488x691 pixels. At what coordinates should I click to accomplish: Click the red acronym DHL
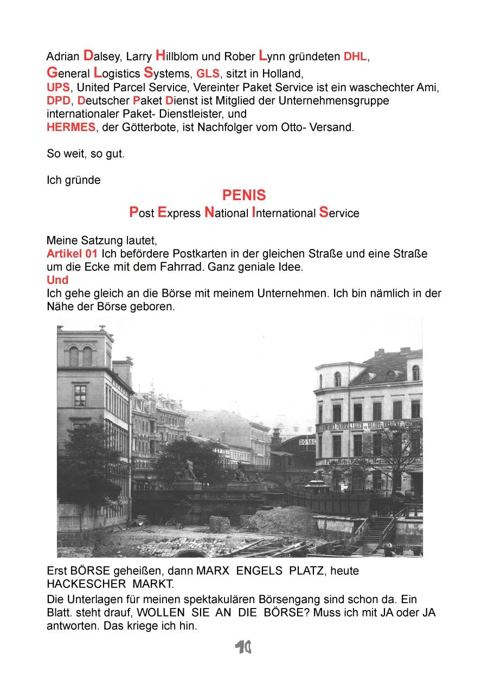coord(355,57)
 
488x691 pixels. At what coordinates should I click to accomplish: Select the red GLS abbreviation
coord(208,74)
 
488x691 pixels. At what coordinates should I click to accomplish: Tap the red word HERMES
coord(70,129)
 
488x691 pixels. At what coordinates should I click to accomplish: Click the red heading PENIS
coord(244,195)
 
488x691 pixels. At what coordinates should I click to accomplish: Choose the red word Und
coord(57,280)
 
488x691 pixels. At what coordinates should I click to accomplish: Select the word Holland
coord(281,74)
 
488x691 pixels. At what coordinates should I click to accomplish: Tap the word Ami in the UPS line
coord(428,87)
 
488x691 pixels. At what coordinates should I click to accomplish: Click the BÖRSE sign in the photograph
coord(307,442)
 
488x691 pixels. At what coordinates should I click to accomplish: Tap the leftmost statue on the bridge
coord(187,471)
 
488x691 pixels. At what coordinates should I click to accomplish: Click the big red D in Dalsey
coord(88,55)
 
